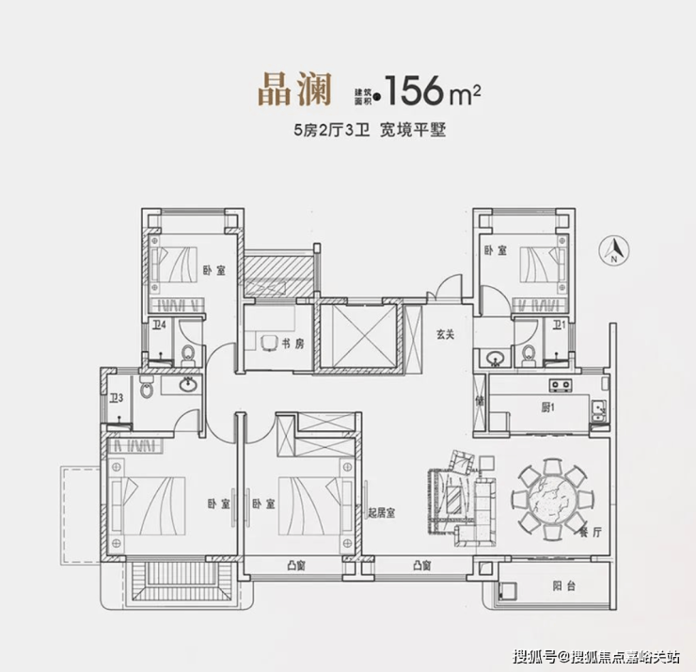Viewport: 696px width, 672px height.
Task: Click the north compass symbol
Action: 614,251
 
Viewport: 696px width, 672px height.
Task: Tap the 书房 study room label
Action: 293,344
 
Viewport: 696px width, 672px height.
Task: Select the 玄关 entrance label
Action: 445,334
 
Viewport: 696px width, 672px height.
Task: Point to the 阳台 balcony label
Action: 564,585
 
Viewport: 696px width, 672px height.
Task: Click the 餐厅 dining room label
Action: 591,532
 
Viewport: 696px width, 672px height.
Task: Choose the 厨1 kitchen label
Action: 547,407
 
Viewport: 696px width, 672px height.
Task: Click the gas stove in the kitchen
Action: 561,385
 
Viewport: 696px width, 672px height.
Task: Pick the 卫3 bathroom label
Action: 117,398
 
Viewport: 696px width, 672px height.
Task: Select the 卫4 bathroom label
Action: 159,325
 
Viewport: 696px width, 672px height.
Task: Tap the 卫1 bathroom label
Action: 559,325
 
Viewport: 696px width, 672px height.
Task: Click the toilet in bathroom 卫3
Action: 146,387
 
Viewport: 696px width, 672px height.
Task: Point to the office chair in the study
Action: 269,343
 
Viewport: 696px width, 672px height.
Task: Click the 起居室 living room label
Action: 381,513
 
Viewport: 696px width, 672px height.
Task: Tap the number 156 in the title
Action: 415,90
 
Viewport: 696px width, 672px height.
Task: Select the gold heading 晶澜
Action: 295,90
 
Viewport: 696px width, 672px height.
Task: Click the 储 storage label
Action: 480,401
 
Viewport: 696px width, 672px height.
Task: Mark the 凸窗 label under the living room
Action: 422,566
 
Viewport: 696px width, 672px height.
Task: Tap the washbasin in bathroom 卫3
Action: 189,384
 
